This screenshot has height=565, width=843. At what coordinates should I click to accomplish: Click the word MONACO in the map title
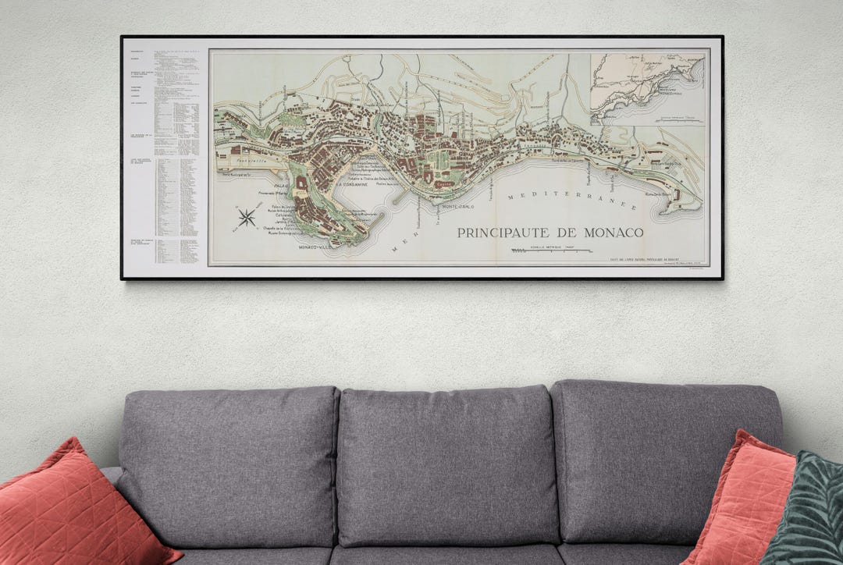[608, 233]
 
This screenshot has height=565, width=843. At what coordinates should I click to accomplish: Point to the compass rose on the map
[247, 217]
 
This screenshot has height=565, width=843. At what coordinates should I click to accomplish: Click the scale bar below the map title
[550, 251]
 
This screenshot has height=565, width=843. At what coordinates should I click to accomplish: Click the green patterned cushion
[804, 511]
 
